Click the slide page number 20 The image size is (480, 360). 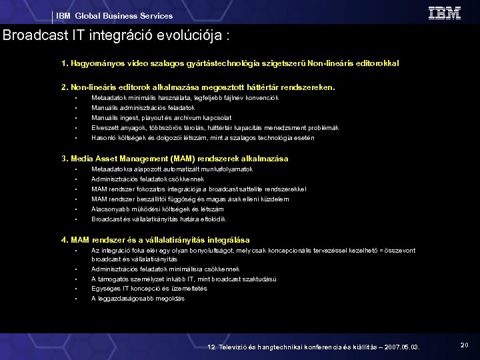(x=464, y=345)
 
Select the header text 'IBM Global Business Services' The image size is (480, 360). (x=114, y=16)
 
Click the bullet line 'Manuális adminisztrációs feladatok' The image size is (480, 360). (x=143, y=108)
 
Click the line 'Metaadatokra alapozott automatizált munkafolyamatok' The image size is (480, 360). (x=167, y=169)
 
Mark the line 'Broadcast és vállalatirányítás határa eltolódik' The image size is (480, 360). (x=158, y=219)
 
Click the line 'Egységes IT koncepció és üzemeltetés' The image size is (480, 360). (x=149, y=289)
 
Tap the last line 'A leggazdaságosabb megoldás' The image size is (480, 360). (x=137, y=299)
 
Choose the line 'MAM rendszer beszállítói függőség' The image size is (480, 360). (x=190, y=199)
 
